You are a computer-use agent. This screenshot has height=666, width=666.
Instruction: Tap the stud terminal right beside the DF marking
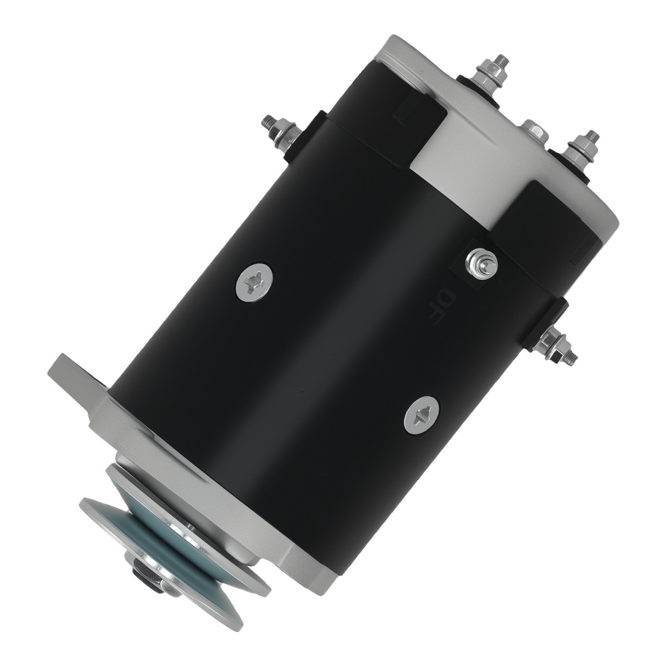pyautogui.click(x=481, y=263)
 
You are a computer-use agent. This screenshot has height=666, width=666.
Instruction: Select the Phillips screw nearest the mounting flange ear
pyautogui.click(x=254, y=282)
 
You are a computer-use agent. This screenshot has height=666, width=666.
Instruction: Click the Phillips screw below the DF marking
pyautogui.click(x=422, y=415)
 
